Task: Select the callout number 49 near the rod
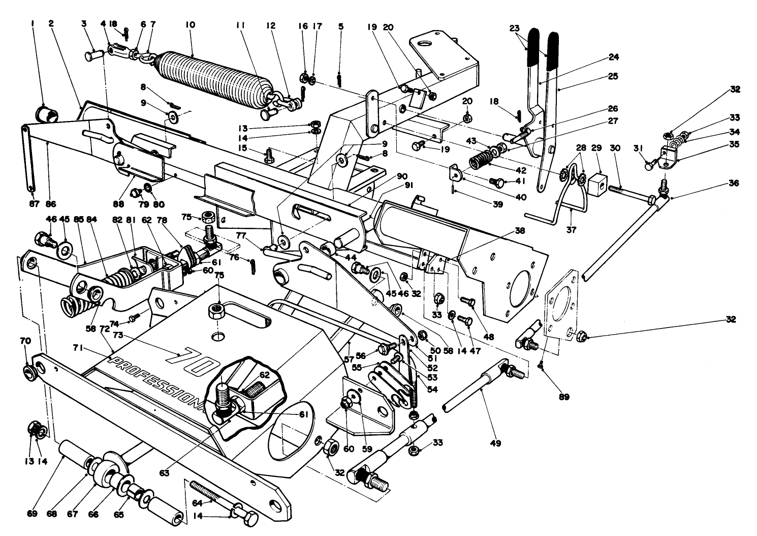(x=496, y=443)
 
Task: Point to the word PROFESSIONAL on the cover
(x=157, y=382)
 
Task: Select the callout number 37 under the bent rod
(x=571, y=229)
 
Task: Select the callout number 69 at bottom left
(x=32, y=515)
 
